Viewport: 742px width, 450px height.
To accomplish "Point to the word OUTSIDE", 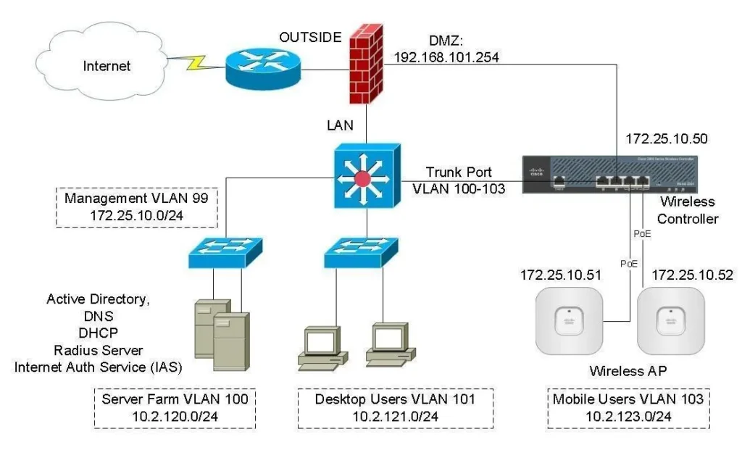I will [x=310, y=37].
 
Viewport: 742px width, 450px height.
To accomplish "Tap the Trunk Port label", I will [x=459, y=172].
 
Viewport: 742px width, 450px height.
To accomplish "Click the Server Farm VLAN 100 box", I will [x=175, y=407].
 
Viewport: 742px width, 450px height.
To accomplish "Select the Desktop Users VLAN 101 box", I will [x=395, y=407].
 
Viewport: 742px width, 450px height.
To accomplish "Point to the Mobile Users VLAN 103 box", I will [x=628, y=407].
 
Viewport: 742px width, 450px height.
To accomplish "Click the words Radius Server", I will [x=97, y=350].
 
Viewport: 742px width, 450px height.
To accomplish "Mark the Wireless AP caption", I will [x=628, y=371].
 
